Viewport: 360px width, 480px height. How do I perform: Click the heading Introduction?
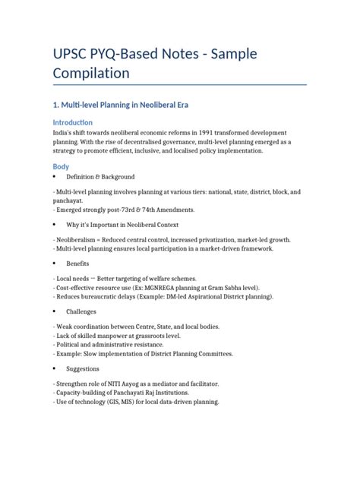point(73,122)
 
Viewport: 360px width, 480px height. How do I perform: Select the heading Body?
point(60,166)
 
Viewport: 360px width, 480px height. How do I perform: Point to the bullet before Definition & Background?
point(54,176)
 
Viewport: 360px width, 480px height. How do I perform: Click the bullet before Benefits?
point(54,263)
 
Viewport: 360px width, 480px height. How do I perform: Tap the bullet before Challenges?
point(54,311)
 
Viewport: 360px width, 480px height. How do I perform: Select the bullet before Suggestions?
point(54,368)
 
